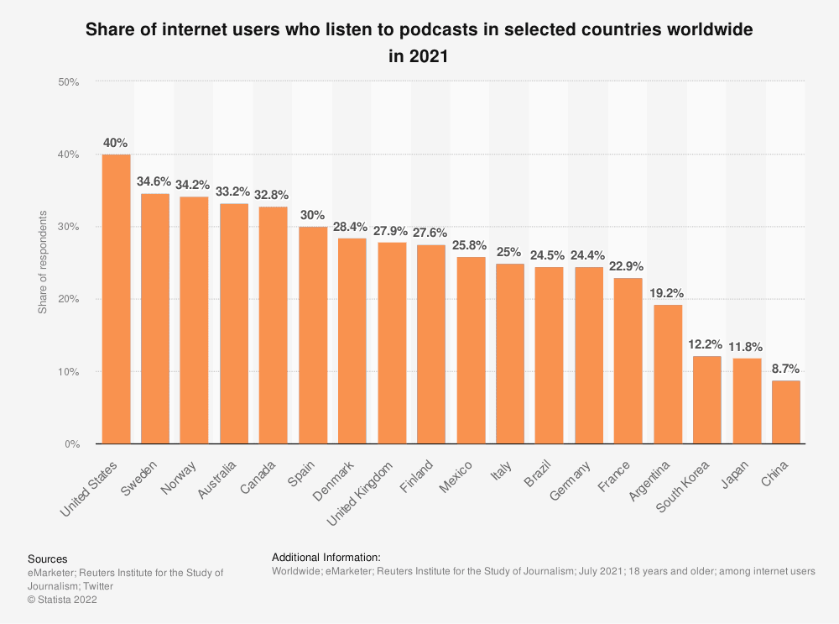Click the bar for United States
(116, 299)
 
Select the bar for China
(786, 412)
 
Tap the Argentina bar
(667, 374)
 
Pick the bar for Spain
(314, 335)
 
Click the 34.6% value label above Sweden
(155, 181)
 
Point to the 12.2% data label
(707, 343)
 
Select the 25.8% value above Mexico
(471, 245)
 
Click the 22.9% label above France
(628, 266)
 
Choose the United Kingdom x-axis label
(360, 494)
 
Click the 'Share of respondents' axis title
(42, 263)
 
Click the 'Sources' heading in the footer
(47, 558)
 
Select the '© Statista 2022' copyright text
(63, 600)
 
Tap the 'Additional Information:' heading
(326, 557)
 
